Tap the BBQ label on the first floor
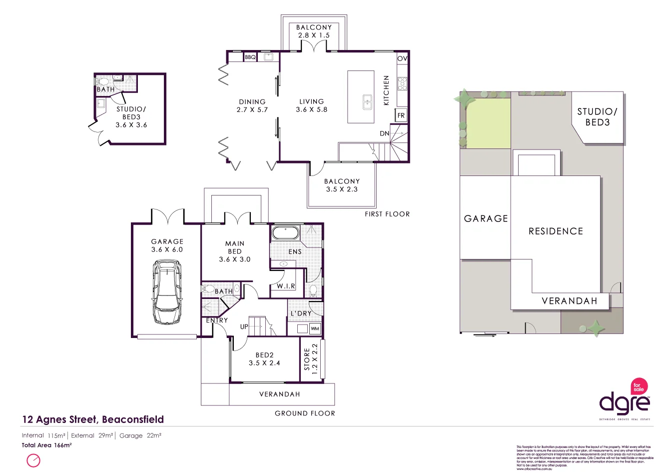pyautogui.click(x=250, y=57)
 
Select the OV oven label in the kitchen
pyautogui.click(x=402, y=58)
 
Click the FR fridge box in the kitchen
pyautogui.click(x=401, y=115)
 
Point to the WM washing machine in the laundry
pyautogui.click(x=315, y=329)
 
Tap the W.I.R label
pyautogui.click(x=286, y=286)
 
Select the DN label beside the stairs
pyautogui.click(x=384, y=133)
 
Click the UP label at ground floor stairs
pyautogui.click(x=244, y=326)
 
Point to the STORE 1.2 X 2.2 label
pyautogui.click(x=311, y=356)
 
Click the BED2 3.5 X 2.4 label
pyautogui.click(x=264, y=359)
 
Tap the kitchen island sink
pyautogui.click(x=367, y=101)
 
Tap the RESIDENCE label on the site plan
pyautogui.click(x=556, y=231)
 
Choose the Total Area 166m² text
pyautogui.click(x=47, y=445)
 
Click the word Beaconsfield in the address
pyautogui.click(x=132, y=419)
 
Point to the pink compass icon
pyautogui.click(x=33, y=460)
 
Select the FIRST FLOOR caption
pyautogui.click(x=387, y=214)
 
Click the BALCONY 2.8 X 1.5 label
pyautogui.click(x=314, y=31)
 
